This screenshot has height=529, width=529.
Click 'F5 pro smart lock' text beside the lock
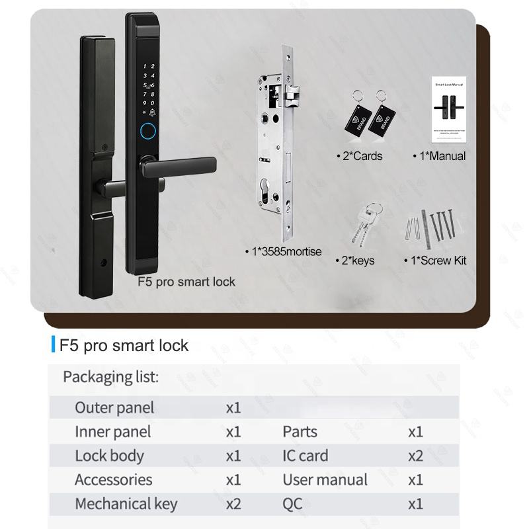(186, 282)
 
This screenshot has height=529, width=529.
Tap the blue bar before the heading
(53, 345)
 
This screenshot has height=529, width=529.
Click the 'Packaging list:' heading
(110, 377)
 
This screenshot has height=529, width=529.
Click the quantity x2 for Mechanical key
(233, 504)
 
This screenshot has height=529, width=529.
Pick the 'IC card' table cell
(305, 456)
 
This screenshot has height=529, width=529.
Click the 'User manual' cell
(325, 479)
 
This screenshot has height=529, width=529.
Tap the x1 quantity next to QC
(415, 504)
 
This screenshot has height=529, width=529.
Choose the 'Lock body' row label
(109, 456)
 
